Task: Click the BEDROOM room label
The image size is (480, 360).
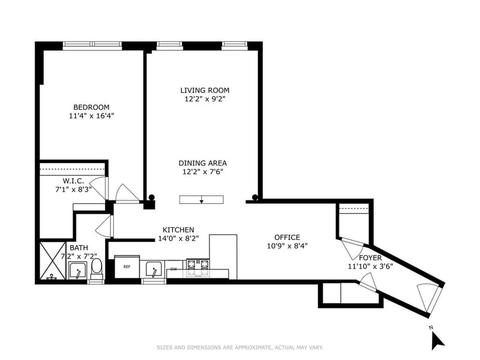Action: (x=92, y=107)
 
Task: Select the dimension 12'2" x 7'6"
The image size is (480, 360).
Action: (x=203, y=172)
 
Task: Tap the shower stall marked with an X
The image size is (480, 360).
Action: (x=53, y=261)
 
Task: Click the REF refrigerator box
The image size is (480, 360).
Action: (x=127, y=266)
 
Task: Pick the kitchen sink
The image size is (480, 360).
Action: (x=154, y=269)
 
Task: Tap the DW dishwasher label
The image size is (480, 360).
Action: (x=174, y=269)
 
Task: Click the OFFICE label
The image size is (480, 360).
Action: (x=287, y=237)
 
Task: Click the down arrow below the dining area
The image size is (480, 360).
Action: (x=202, y=200)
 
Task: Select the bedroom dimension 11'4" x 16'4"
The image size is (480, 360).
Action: (x=92, y=116)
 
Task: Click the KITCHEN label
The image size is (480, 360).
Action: (x=178, y=230)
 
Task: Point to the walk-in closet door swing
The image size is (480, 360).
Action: (x=98, y=187)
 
